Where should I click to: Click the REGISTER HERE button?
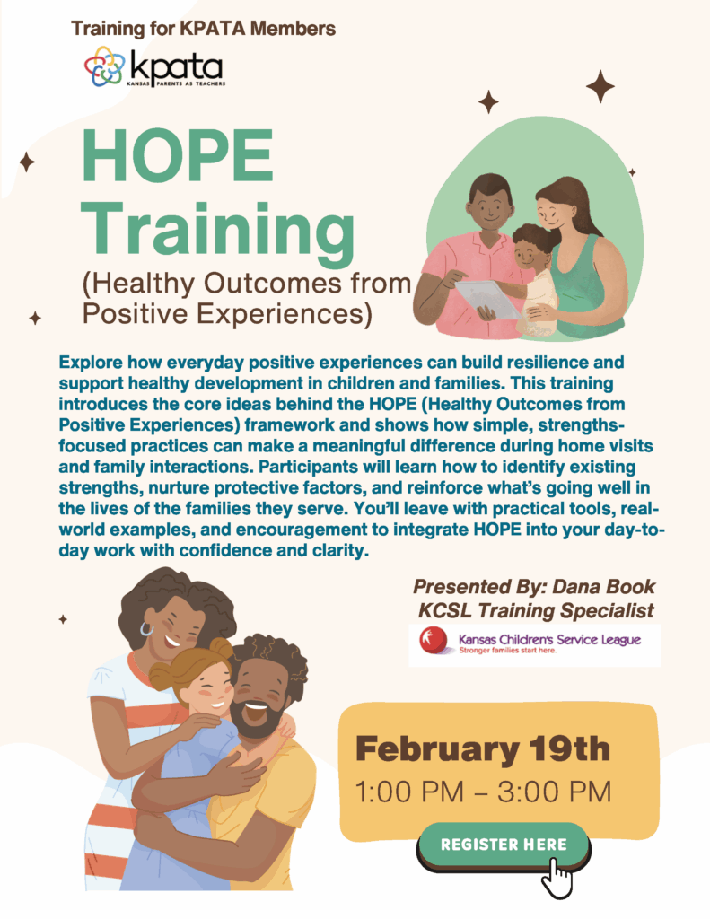coord(503,845)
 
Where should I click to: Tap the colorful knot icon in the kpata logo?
coord(104,66)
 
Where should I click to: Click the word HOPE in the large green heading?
coord(178,154)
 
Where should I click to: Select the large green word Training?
coord(218,232)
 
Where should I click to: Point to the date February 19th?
coord(483,748)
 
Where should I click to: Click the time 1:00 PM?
coord(409,792)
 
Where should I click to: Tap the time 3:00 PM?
coord(554,792)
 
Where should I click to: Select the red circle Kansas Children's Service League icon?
coord(434,640)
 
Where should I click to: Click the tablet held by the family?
coord(487,298)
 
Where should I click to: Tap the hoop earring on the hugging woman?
coord(146,629)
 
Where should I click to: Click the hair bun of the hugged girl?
coord(221,648)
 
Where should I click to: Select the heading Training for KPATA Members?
coord(204,28)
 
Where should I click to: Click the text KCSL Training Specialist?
coord(536,610)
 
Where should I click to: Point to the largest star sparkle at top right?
coord(600,86)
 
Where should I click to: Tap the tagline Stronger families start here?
coord(507,651)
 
